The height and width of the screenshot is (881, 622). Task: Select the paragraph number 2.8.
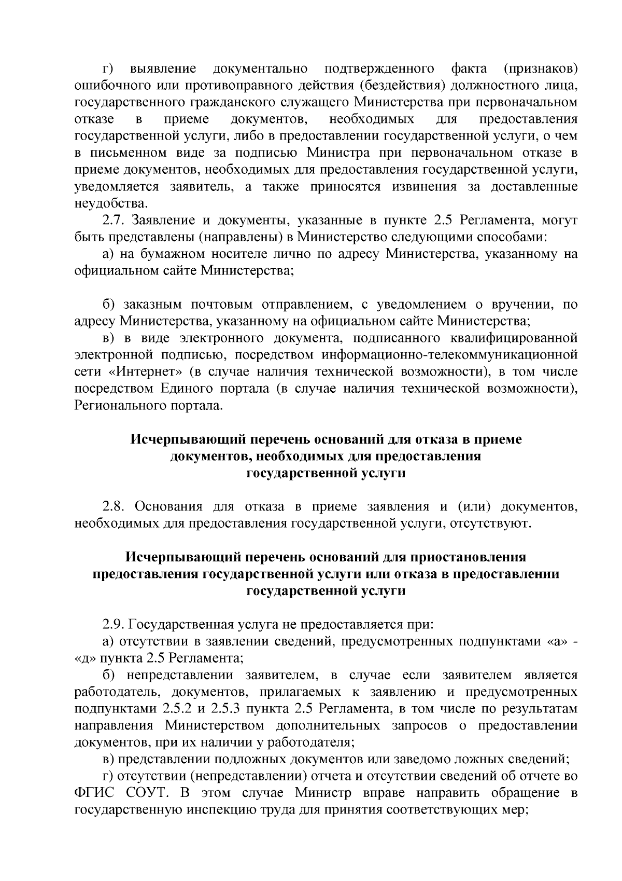click(115, 506)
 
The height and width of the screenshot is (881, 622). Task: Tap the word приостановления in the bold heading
click(468, 557)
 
